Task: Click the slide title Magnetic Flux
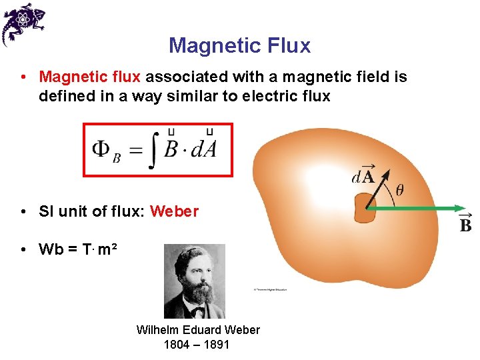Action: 239,45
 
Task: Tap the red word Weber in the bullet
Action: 174,211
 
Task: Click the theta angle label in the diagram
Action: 399,190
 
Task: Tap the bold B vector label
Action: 465,225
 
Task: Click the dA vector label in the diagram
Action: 363,176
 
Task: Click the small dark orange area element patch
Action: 365,209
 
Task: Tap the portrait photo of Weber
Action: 195,281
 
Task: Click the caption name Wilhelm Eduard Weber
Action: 198,330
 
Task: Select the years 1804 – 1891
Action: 197,345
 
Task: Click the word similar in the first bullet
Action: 191,96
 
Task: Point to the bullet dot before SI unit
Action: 23,212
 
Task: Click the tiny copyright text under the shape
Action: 269,289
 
